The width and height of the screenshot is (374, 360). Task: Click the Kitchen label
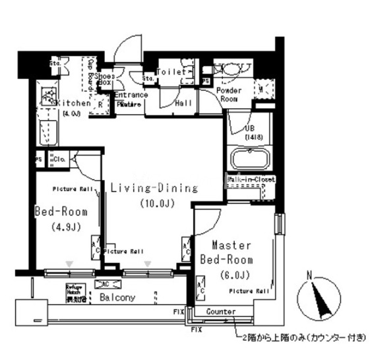click(x=74, y=104)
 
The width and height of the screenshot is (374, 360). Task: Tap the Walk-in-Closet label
click(x=251, y=179)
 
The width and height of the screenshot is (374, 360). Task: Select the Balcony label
click(x=117, y=297)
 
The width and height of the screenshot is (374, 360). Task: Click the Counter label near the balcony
click(x=220, y=311)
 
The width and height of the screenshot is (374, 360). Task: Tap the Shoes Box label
click(x=106, y=80)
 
